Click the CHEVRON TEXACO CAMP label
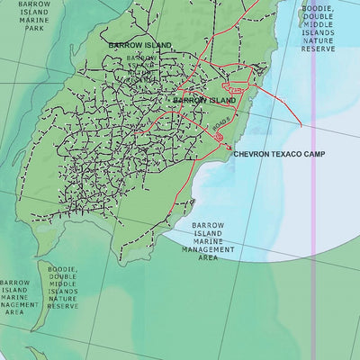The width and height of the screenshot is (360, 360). [280, 154]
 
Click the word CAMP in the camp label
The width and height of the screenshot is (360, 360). [313, 154]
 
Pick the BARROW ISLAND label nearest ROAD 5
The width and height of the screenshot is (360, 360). [204, 100]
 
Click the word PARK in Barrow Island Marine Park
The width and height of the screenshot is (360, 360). [34, 28]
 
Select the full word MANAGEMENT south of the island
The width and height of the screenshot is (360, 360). [208, 249]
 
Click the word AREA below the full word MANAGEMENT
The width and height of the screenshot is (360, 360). [208, 257]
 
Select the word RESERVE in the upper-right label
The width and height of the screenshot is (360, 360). [318, 49]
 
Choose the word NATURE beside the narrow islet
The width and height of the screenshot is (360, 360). [63, 298]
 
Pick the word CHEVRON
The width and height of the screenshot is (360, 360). [252, 154]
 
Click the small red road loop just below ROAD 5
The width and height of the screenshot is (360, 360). [219, 136]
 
